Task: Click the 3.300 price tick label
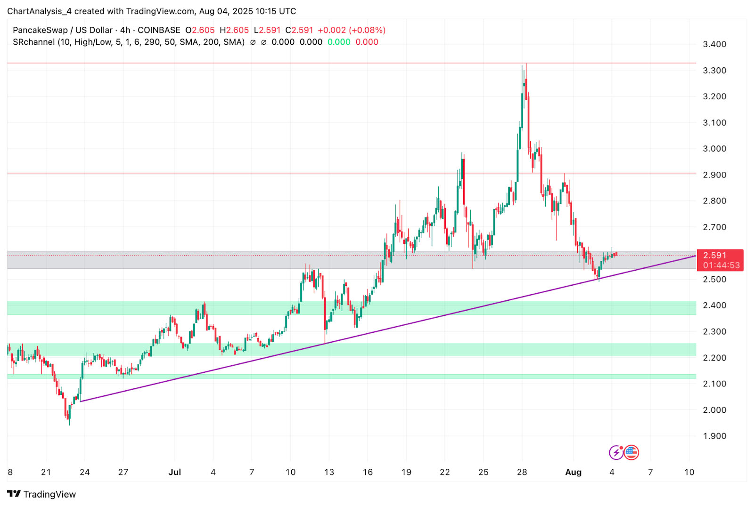point(714,71)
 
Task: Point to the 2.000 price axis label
point(714,410)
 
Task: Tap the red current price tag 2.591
point(714,256)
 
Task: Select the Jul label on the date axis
point(174,472)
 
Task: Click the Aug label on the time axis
point(573,472)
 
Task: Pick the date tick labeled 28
point(522,472)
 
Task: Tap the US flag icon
point(631,453)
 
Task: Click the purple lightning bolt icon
point(616,453)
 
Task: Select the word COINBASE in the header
point(159,30)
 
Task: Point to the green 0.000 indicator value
point(339,42)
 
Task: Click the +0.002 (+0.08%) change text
point(352,30)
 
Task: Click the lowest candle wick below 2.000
point(70,423)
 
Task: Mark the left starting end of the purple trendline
point(81,401)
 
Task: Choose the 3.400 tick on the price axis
point(714,44)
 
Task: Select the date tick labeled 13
point(329,472)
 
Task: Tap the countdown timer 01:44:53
point(721,265)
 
